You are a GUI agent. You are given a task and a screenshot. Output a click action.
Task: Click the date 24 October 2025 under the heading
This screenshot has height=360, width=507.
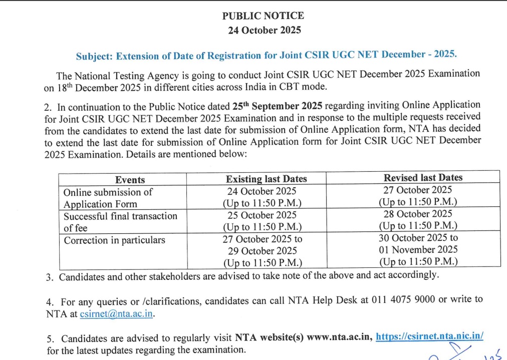click(x=264, y=30)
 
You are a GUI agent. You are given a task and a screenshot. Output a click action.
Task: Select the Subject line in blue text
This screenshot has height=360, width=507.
click(x=266, y=55)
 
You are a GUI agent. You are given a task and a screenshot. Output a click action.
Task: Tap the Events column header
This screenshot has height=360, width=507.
click(x=130, y=180)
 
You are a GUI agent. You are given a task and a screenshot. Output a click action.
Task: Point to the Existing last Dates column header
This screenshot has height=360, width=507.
click(x=266, y=179)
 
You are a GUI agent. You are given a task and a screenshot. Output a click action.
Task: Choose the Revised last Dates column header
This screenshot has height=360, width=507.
click(x=423, y=178)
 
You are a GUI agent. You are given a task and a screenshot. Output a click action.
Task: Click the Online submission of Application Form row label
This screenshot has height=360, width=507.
click(x=108, y=198)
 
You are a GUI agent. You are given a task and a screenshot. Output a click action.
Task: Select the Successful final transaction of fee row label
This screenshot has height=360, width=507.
click(x=120, y=222)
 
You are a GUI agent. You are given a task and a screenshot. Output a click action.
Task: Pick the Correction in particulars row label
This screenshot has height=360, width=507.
click(x=114, y=240)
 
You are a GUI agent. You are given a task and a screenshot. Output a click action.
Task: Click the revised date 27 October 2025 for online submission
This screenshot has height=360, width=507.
click(x=418, y=190)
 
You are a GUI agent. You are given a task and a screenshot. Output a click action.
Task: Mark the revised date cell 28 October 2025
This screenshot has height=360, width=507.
click(x=418, y=214)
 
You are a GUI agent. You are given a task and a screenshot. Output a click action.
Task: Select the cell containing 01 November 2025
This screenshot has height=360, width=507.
click(x=418, y=249)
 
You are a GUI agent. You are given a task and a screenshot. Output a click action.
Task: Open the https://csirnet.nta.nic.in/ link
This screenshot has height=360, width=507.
click(x=429, y=336)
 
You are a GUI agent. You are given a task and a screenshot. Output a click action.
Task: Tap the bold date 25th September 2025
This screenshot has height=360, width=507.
click(x=280, y=106)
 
